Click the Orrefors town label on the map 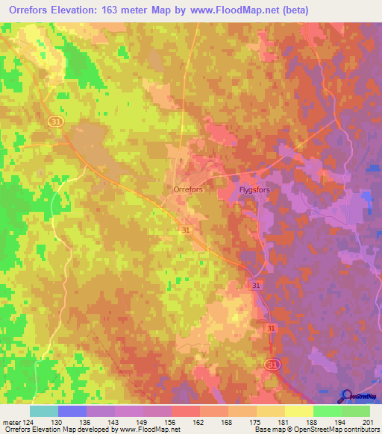188,190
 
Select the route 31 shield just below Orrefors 186,231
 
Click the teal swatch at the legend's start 44,411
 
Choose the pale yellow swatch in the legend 299,411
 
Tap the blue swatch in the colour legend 72,411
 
